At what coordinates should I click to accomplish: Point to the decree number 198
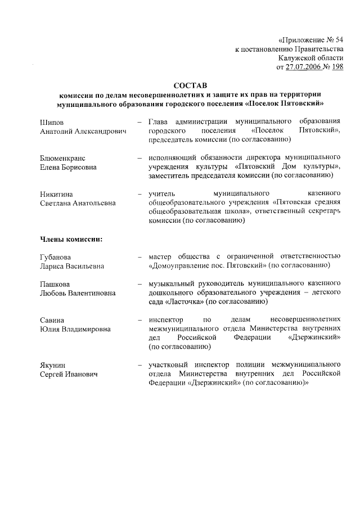(x=337, y=67)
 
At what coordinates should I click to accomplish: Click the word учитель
(x=161, y=194)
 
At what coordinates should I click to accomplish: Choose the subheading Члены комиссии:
(x=71, y=239)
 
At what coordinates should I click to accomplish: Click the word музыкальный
(x=173, y=284)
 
